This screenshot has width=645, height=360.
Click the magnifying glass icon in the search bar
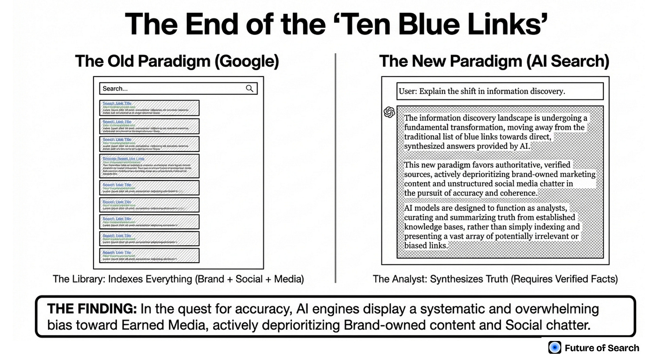[250, 89]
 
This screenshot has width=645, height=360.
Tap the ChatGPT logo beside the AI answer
[389, 112]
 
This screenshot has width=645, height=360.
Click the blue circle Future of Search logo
[555, 348]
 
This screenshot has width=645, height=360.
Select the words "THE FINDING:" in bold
[92, 309]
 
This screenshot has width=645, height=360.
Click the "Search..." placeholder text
[115, 89]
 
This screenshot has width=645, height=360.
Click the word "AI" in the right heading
[536, 61]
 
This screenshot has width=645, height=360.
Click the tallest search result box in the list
[149, 166]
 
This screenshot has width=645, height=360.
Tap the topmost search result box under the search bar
[149, 108]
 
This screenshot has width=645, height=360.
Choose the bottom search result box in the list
[149, 255]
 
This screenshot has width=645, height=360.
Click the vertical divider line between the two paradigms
[335, 168]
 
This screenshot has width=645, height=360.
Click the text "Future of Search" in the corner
[602, 348]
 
